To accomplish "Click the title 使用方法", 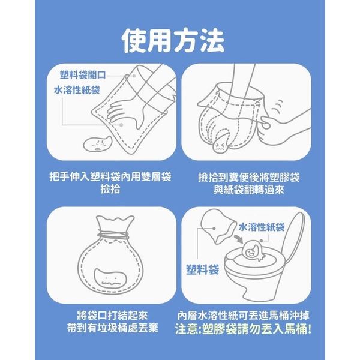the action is point(173,41).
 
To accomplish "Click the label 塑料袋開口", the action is point(83,75).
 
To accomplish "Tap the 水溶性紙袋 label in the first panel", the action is point(77,90).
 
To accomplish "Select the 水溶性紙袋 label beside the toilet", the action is point(262,227).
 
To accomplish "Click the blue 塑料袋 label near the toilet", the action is point(203,269).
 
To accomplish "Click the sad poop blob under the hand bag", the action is point(97,143).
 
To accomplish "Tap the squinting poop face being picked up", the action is point(221,144).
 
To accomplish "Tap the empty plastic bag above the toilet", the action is point(216,226).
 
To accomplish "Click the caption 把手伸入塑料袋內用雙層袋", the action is point(110,177).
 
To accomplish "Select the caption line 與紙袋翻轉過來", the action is point(249,190).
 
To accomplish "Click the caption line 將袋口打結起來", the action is point(113,316).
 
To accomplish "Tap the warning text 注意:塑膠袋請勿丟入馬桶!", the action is point(244,329).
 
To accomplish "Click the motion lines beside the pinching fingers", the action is point(278,107).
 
